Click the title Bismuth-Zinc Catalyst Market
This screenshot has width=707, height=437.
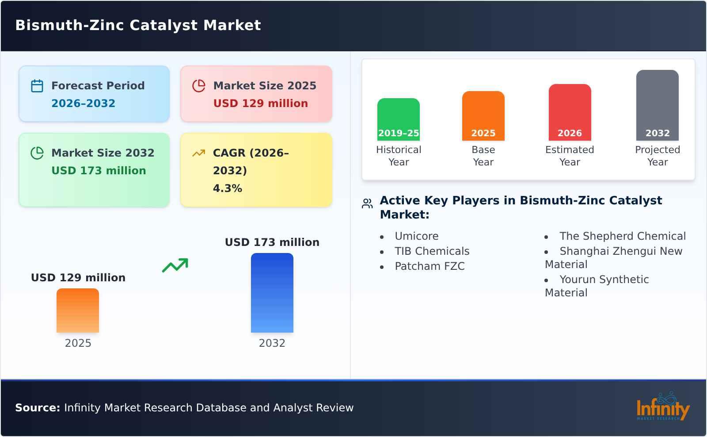(138, 25)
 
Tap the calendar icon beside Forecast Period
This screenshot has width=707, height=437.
(37, 86)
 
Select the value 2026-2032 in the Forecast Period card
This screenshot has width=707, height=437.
(83, 103)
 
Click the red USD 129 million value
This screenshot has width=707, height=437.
(260, 103)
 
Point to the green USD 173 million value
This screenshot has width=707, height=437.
(99, 171)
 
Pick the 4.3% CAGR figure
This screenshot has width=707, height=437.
(227, 188)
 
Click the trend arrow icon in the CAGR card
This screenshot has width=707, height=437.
(199, 153)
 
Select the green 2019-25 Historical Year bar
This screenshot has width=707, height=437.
(398, 119)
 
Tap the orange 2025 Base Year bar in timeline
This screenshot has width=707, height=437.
(483, 115)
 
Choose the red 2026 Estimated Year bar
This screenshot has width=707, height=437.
(570, 112)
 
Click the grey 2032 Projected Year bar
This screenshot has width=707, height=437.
(657, 105)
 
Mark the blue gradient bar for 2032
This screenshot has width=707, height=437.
(272, 292)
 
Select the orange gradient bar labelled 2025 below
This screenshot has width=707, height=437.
(78, 310)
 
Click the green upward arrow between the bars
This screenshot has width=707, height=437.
(175, 265)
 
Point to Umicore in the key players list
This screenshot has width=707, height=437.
(416, 236)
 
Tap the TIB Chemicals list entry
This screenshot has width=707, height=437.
(432, 251)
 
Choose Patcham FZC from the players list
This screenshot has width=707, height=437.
(430, 266)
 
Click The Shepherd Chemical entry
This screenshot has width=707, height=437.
(622, 236)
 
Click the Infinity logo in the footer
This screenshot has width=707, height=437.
(662, 407)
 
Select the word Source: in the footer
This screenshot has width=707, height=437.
(38, 408)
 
